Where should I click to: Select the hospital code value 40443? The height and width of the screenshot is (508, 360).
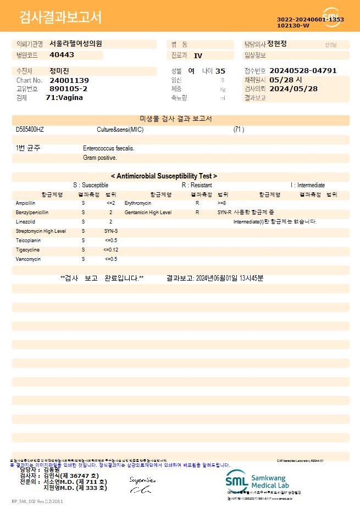pyautogui.click(x=62, y=55)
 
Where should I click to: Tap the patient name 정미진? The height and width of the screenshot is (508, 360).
pyautogui.click(x=59, y=71)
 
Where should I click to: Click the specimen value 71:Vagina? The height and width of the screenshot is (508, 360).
pyautogui.click(x=64, y=98)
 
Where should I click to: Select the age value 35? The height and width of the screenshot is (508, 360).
pyautogui.click(x=220, y=71)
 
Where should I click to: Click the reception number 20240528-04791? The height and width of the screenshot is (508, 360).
pyautogui.click(x=303, y=71)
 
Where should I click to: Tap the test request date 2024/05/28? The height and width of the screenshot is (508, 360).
pyautogui.click(x=293, y=88)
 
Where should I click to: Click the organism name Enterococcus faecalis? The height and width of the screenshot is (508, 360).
pyautogui.click(x=109, y=148)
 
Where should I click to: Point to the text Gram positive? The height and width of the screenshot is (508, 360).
pyautogui.click(x=100, y=158)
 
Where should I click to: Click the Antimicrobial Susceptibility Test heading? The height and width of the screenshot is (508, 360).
pyautogui.click(x=164, y=176)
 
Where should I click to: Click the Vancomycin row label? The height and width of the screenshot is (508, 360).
pyautogui.click(x=28, y=259)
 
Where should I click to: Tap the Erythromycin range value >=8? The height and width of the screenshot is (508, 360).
pyautogui.click(x=222, y=203)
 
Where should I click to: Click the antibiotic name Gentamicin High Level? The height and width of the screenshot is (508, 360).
pyautogui.click(x=148, y=212)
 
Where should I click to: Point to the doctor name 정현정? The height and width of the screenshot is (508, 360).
pyautogui.click(x=277, y=44)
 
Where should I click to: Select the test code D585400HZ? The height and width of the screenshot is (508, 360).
pyautogui.click(x=30, y=130)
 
